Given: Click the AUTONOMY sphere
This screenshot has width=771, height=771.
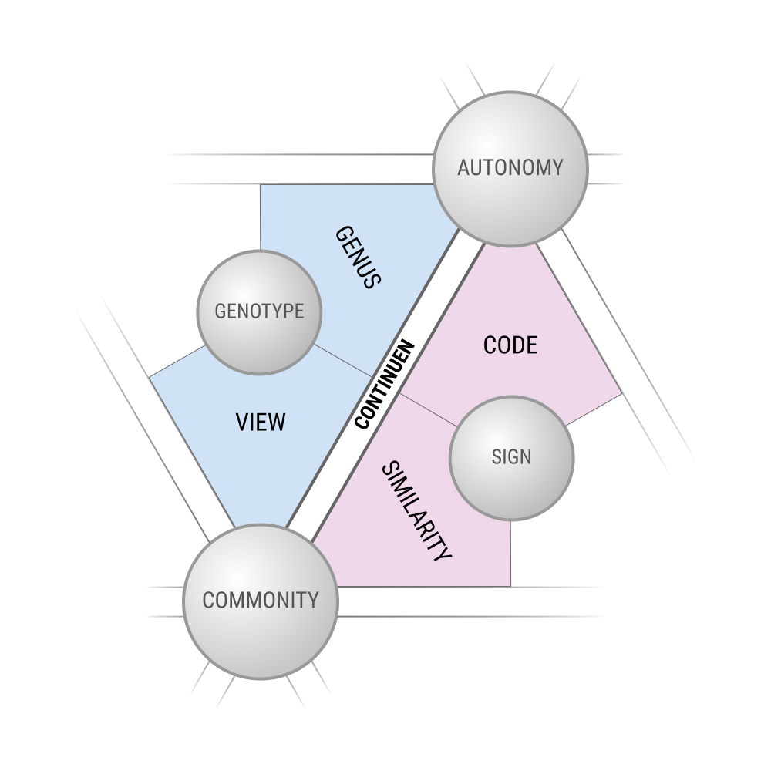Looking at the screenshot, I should point(510,169).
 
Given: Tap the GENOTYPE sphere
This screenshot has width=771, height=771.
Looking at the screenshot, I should point(259,312).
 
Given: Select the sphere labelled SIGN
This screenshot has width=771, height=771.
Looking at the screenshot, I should point(511,457).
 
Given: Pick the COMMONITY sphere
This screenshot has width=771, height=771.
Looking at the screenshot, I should point(260,601).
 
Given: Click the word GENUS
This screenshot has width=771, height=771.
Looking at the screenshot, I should point(359,257).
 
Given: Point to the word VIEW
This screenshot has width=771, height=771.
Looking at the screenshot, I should point(260,423).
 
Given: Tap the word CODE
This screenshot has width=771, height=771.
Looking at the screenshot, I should point(510,345).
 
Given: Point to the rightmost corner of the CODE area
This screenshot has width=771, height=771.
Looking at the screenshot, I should point(621,395).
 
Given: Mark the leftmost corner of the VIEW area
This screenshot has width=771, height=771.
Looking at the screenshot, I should point(150,377).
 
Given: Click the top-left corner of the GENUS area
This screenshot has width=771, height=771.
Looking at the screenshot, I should point(261,185).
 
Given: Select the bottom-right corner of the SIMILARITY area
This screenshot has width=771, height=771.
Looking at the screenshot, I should point(510,585).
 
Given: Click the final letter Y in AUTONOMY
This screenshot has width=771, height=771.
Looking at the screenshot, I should point(557,168).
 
